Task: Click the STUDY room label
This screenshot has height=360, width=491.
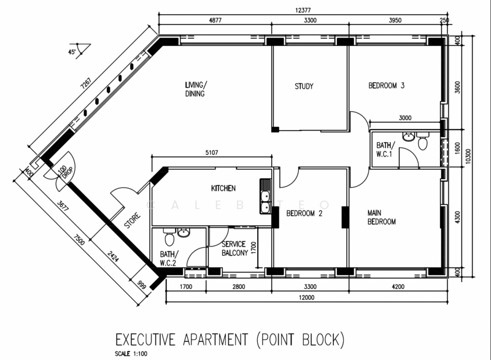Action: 304,86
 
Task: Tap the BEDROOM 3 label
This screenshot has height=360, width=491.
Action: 386,85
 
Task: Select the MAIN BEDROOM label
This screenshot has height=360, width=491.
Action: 381,217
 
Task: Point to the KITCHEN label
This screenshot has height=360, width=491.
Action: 223,188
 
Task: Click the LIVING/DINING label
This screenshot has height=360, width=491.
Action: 196,89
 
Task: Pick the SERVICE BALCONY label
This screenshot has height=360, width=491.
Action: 234,248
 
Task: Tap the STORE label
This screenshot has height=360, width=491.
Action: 133,221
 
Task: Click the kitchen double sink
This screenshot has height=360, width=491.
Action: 265,196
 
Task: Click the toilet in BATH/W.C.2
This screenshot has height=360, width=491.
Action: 169,237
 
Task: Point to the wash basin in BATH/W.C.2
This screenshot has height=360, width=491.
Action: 184,232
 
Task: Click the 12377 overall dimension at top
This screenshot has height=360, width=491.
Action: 303,10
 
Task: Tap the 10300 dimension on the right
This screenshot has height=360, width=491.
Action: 468,156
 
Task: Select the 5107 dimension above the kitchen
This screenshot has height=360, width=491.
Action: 212,153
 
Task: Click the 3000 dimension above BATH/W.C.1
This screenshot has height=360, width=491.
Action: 405,118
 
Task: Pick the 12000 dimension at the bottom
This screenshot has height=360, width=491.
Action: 306,297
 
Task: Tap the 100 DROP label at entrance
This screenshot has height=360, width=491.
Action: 66,171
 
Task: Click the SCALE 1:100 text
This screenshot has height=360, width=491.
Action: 131,354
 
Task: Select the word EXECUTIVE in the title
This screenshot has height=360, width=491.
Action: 145,339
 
